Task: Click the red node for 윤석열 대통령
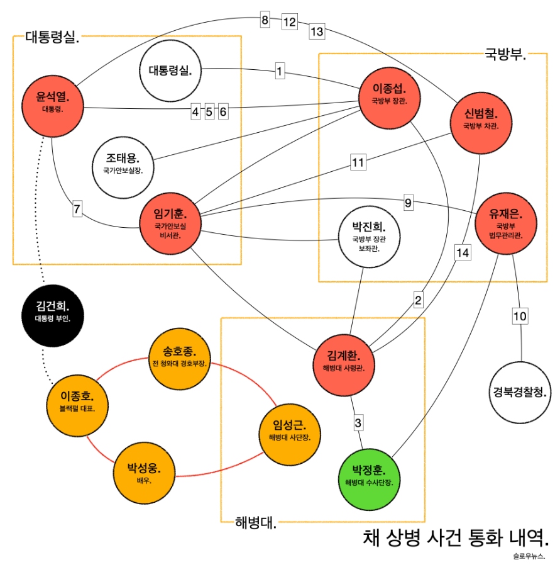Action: click(x=52, y=103)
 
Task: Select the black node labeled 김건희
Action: click(x=52, y=313)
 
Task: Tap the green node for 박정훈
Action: click(x=369, y=475)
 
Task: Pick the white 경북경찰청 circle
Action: click(x=520, y=393)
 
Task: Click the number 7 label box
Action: click(x=77, y=210)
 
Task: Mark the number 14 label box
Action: click(x=463, y=252)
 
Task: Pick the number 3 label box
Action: click(x=358, y=422)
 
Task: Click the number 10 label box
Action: click(x=519, y=316)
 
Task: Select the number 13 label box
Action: click(x=317, y=31)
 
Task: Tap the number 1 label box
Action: click(x=279, y=71)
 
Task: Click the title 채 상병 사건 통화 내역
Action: click(x=456, y=537)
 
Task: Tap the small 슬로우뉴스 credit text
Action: click(x=529, y=556)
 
